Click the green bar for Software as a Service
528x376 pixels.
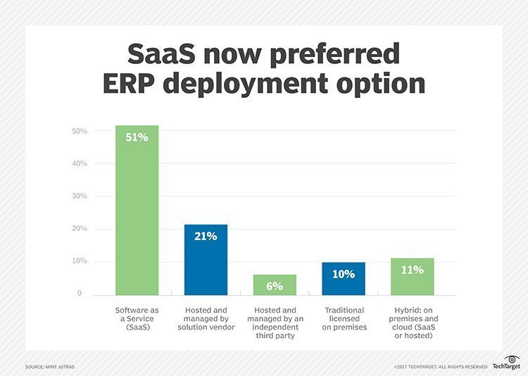click(137, 211)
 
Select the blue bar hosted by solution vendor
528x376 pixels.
click(206, 261)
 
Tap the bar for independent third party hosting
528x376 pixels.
click(275, 284)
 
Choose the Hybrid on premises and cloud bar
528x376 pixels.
click(413, 277)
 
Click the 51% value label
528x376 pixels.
click(137, 137)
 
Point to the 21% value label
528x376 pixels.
click(206, 237)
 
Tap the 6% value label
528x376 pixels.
click(275, 286)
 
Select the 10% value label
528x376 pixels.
click(344, 274)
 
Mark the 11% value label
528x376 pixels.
click(413, 270)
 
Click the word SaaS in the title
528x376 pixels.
click(161, 54)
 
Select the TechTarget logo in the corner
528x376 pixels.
click(505, 363)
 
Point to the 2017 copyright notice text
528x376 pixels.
click(441, 367)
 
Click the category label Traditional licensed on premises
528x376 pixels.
click(344, 318)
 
